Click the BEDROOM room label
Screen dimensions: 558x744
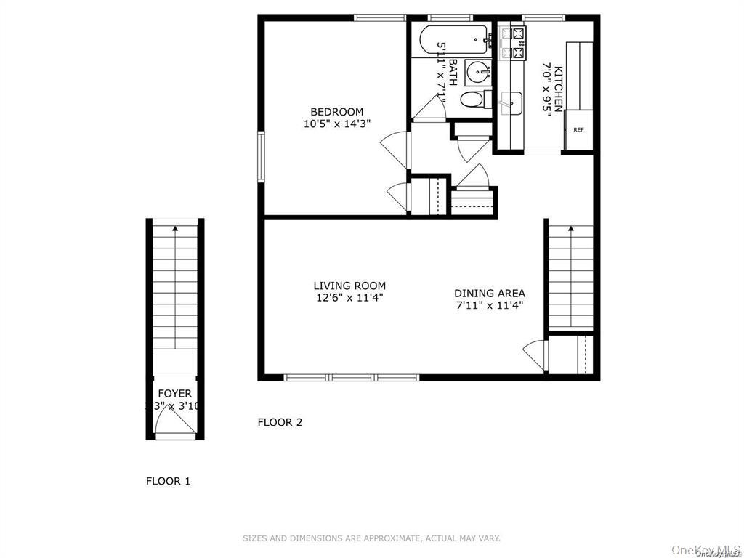pyautogui.click(x=336, y=111)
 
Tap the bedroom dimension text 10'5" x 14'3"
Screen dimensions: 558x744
pyautogui.click(x=337, y=124)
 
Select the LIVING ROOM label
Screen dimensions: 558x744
pyautogui.click(x=349, y=286)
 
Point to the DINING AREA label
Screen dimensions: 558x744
pyautogui.click(x=489, y=293)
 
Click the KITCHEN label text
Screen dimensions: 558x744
pyautogui.click(x=558, y=89)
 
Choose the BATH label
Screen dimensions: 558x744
pyautogui.click(x=452, y=73)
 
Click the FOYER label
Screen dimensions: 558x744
pyautogui.click(x=174, y=393)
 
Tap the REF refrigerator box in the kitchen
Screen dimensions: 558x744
pyautogui.click(x=579, y=130)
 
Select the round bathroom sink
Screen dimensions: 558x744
pyautogui.click(x=478, y=72)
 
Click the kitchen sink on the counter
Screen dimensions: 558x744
pyautogui.click(x=511, y=103)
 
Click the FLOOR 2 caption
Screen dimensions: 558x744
pyautogui.click(x=280, y=422)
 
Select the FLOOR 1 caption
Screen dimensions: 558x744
pyautogui.click(x=168, y=480)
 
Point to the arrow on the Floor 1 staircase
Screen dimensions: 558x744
pyautogui.click(x=174, y=230)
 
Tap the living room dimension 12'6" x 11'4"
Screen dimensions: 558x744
pyautogui.click(x=349, y=297)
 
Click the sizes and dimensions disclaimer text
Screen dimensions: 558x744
pyautogui.click(x=371, y=538)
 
